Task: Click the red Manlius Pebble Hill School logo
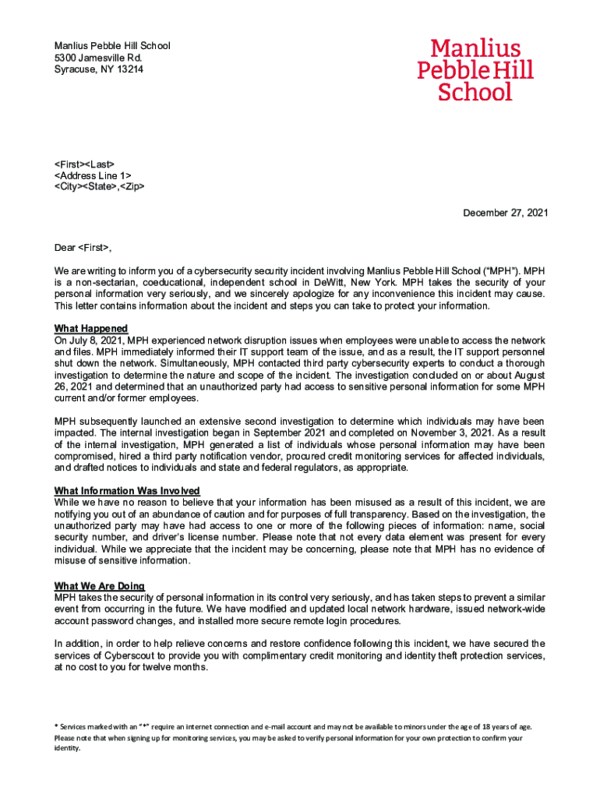coord(475,70)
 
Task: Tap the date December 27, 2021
coord(506,213)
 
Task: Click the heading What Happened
coord(91,329)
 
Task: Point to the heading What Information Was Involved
coord(127,491)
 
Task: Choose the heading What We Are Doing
coord(99,586)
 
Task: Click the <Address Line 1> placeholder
coord(93,175)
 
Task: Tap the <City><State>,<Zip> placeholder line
coord(99,187)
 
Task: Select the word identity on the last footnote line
coord(67,748)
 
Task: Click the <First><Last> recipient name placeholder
coord(84,164)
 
